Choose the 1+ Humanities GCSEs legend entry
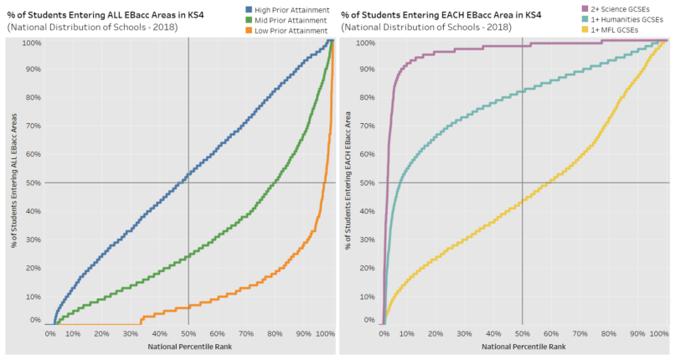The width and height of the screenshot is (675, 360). click(625, 20)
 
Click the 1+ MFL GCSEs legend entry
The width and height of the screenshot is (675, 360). click(616, 31)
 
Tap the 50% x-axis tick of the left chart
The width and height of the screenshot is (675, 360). click(188, 334)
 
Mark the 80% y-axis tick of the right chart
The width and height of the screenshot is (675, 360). click(366, 97)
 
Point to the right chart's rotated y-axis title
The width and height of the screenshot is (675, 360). click(348, 182)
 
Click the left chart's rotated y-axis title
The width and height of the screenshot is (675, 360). click(13, 182)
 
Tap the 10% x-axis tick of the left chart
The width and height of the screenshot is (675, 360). click(74, 334)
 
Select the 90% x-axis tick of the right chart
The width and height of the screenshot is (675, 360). click(637, 334)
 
